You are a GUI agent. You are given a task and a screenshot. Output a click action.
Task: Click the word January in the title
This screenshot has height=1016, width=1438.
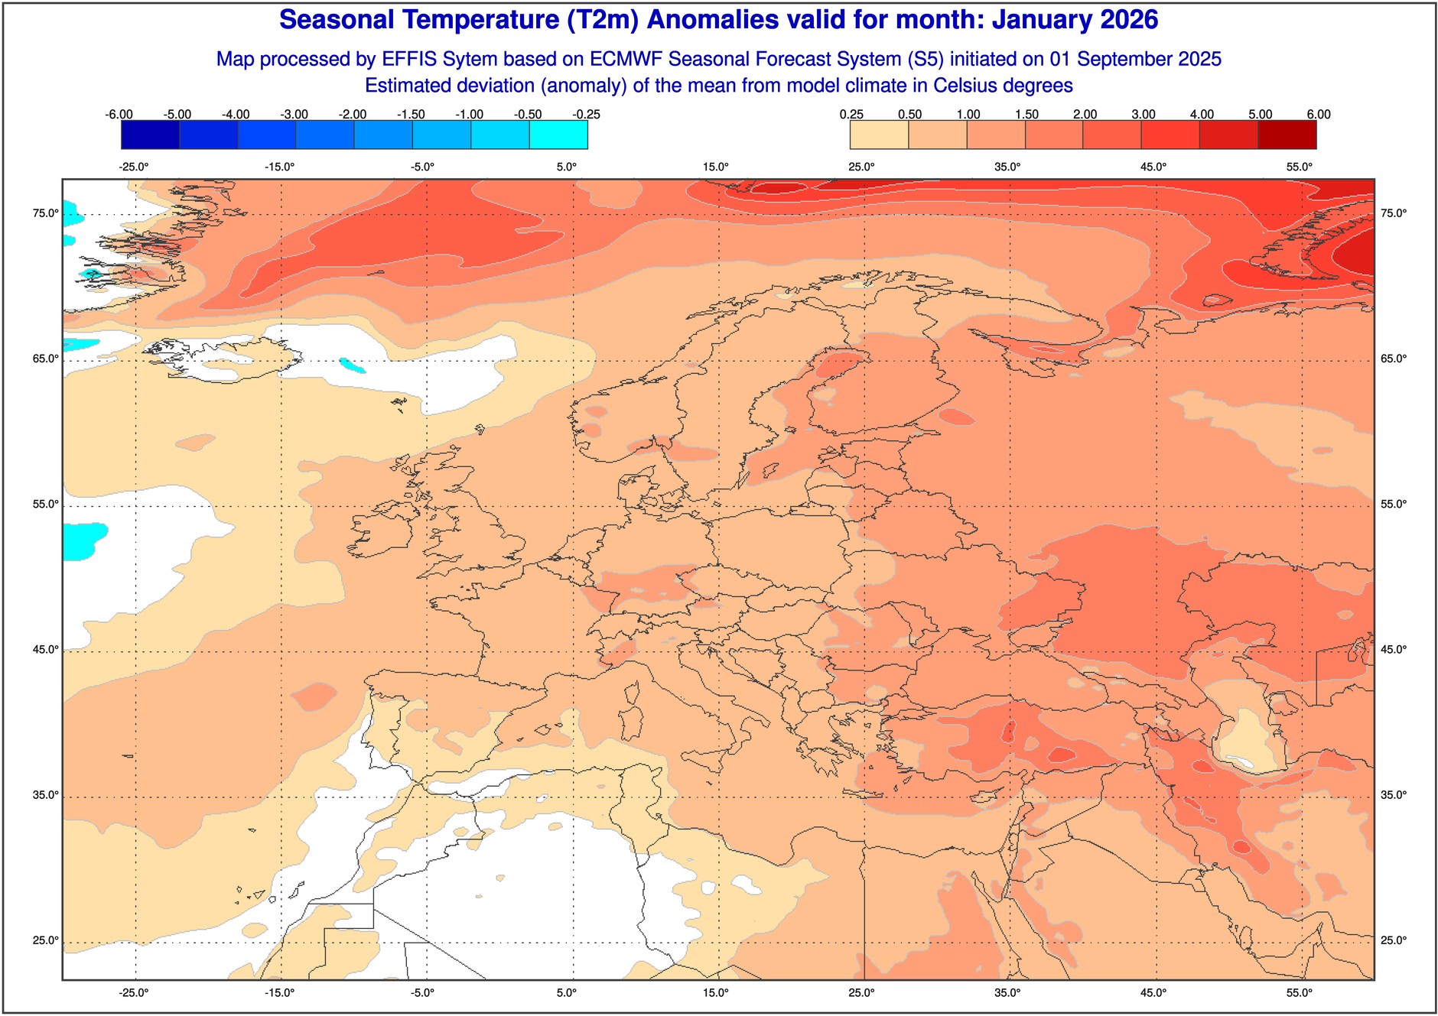(x=1041, y=20)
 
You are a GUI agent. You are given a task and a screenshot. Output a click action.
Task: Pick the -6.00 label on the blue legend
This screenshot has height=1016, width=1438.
(x=119, y=115)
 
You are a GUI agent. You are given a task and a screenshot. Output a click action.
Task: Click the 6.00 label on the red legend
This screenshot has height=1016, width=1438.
(x=1319, y=115)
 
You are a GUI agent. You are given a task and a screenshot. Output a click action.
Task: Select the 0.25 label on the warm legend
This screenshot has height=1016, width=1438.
(x=851, y=115)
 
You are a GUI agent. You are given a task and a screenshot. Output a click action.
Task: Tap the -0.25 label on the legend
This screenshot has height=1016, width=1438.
(x=587, y=115)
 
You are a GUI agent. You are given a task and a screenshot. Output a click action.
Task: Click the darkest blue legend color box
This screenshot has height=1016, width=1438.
(x=150, y=135)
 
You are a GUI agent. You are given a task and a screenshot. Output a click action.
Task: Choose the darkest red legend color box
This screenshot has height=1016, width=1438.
(x=1287, y=135)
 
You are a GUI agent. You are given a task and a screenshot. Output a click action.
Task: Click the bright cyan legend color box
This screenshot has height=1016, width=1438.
(x=558, y=135)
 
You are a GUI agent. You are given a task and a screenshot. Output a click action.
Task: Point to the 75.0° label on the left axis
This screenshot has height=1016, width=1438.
(x=45, y=213)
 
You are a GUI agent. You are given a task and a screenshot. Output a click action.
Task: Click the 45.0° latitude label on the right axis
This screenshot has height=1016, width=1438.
(x=1394, y=650)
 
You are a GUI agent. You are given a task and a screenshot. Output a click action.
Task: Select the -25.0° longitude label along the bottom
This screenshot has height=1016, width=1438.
(x=134, y=993)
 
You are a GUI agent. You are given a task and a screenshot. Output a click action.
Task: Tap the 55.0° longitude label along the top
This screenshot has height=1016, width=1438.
(x=1300, y=167)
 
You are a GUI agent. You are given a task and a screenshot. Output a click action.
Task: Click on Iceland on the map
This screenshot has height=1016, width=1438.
(x=229, y=359)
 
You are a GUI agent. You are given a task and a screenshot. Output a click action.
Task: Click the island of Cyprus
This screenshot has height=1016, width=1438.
(x=987, y=795)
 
